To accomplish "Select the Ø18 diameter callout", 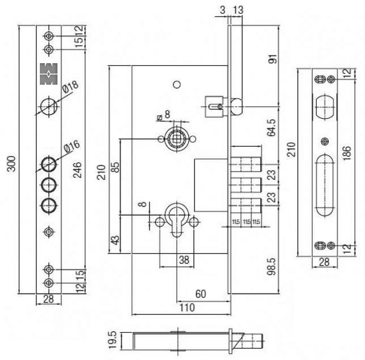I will [70, 88].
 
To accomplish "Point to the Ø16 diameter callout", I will [72, 147].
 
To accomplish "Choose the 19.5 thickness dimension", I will [113, 341].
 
